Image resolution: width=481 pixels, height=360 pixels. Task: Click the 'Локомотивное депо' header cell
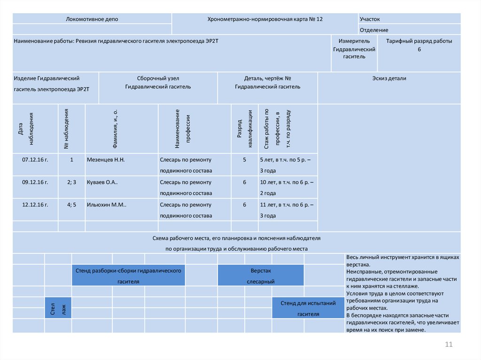click(x=92, y=19)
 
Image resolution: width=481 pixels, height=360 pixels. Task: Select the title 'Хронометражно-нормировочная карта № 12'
click(x=265, y=19)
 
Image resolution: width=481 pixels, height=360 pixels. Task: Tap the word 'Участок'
click(x=370, y=19)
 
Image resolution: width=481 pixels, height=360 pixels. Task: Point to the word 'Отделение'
click(x=374, y=30)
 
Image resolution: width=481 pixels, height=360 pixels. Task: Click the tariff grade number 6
click(x=419, y=49)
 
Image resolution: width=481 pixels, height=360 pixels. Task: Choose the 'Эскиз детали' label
click(x=389, y=78)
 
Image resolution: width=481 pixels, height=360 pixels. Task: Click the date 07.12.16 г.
click(x=35, y=160)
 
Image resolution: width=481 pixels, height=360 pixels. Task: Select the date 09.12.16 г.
click(x=35, y=182)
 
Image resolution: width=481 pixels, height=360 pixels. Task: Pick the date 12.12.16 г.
click(x=35, y=205)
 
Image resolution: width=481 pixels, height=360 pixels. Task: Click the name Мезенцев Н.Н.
click(x=106, y=160)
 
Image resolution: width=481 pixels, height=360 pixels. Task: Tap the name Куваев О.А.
click(x=102, y=182)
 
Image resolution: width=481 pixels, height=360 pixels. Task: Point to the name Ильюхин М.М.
click(x=107, y=205)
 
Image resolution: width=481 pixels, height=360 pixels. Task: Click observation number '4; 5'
click(x=71, y=205)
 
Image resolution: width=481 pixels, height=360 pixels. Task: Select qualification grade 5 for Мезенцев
click(x=244, y=160)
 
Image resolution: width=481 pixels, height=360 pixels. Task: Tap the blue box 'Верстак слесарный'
click(x=261, y=276)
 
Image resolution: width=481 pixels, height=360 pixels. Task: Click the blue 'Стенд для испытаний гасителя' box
click(x=308, y=308)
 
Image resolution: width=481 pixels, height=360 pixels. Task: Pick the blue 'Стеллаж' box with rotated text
click(x=58, y=308)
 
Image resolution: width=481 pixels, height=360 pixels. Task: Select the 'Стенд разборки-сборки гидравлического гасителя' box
click(x=128, y=276)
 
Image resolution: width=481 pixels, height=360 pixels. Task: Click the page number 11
click(x=449, y=345)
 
